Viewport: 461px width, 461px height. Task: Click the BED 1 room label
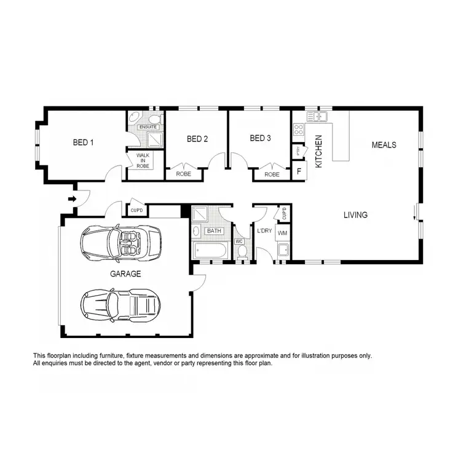tap(83, 143)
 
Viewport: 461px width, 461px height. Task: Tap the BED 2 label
tap(197, 139)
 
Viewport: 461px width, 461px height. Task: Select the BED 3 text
tap(260, 138)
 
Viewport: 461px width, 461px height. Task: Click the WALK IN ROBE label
tap(143, 161)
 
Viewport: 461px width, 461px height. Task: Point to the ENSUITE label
tap(148, 127)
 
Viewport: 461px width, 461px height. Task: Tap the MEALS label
tap(384, 145)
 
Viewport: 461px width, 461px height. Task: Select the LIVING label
tap(355, 215)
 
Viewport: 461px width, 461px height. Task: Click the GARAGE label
tap(126, 274)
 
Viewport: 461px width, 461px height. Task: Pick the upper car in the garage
tap(120, 241)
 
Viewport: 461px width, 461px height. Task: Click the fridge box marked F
tap(299, 171)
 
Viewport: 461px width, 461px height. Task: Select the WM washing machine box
tap(283, 234)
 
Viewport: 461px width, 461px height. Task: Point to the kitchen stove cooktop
tap(299, 130)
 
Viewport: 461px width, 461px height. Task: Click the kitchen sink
tap(320, 116)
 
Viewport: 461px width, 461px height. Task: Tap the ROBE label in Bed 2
tap(183, 175)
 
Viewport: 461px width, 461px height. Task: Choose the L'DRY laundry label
tap(265, 230)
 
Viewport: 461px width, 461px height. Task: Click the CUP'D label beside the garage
tap(136, 210)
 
